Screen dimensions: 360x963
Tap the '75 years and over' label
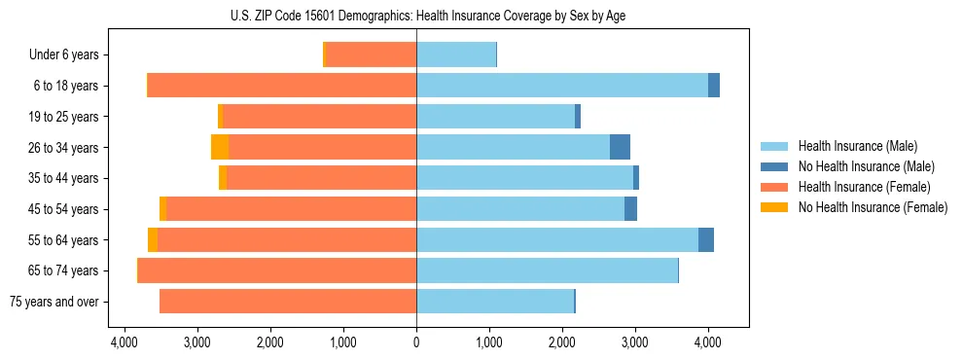coord(53,302)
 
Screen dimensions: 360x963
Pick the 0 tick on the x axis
coord(416,342)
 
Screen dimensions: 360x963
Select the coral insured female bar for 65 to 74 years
coord(277,270)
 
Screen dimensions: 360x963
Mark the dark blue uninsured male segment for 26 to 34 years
coord(620,147)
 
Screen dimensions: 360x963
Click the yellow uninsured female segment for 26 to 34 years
coord(220,147)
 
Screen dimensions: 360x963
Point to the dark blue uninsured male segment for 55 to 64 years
coord(706,239)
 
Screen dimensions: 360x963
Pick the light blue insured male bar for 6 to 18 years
coord(562,86)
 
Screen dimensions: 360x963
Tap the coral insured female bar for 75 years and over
coord(288,302)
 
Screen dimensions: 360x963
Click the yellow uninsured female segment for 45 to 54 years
coord(163,209)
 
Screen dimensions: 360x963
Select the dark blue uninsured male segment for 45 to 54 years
coord(630,209)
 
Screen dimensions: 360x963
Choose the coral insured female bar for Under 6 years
coord(371,54)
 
